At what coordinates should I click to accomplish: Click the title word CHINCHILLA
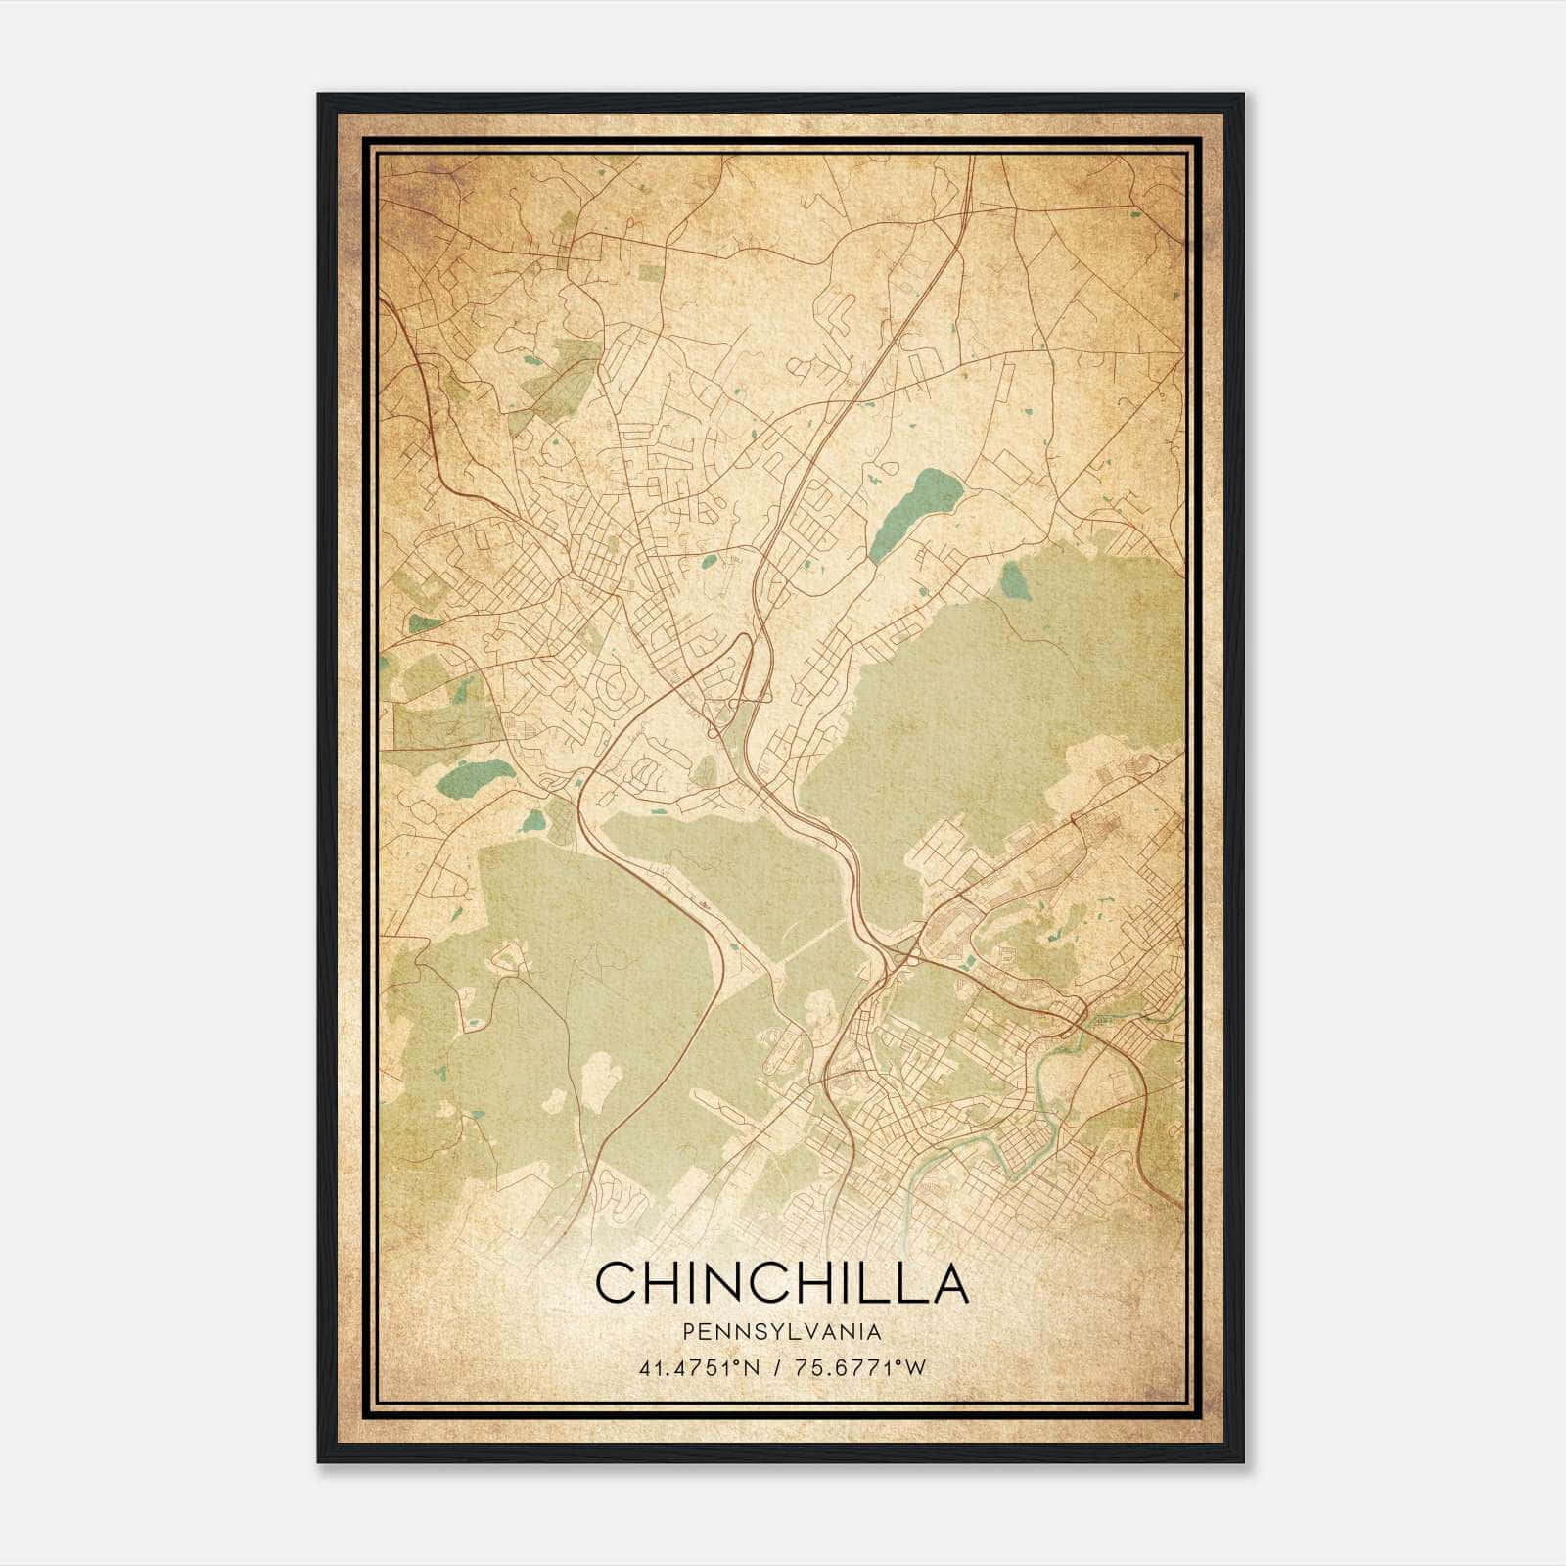point(781,1282)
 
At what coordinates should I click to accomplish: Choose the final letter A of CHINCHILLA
point(947,1282)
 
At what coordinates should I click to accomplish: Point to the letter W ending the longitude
point(915,1367)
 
